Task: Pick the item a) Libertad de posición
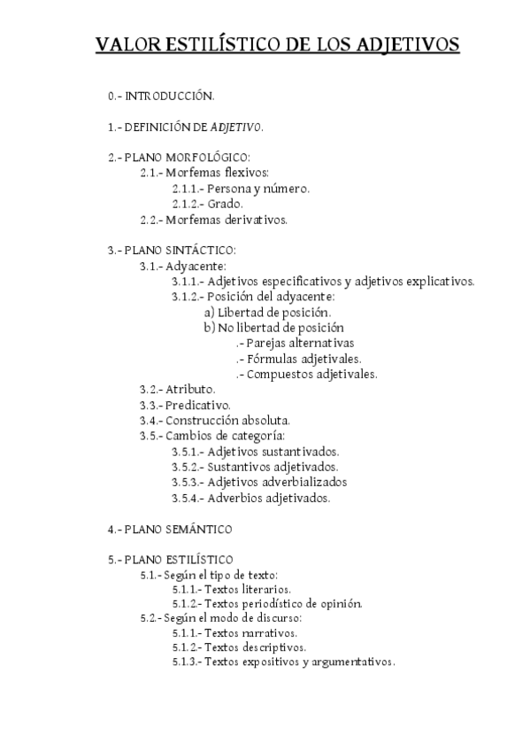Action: tap(268, 312)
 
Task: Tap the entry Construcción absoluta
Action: tap(227, 421)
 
